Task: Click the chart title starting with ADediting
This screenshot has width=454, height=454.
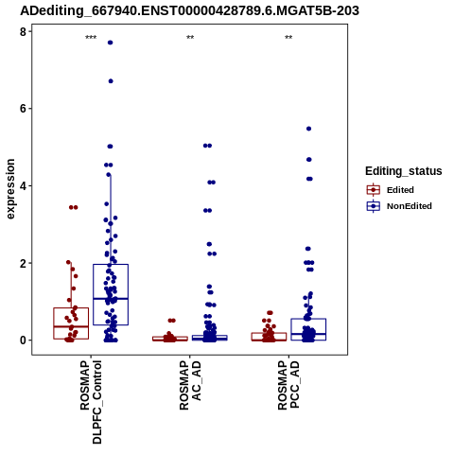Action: click(x=189, y=11)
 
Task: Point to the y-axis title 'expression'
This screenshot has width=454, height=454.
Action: click(x=10, y=189)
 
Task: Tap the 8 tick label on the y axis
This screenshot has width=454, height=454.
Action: click(x=24, y=31)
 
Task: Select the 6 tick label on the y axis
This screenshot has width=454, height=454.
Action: click(x=24, y=109)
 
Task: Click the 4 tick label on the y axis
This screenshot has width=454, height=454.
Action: click(x=24, y=185)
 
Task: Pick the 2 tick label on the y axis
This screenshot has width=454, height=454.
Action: click(x=24, y=263)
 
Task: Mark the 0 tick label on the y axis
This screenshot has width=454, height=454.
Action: click(x=24, y=340)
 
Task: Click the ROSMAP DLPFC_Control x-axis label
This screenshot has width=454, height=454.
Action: click(x=91, y=402)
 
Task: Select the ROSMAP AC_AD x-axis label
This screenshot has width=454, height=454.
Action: click(x=190, y=385)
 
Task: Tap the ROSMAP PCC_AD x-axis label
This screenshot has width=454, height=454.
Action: click(x=288, y=385)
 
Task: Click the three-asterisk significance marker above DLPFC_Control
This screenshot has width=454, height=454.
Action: click(x=91, y=38)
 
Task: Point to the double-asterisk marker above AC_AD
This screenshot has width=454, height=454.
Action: click(x=190, y=38)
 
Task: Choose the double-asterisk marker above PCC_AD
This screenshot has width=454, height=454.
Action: click(x=288, y=38)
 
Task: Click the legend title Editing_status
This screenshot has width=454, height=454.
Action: click(x=404, y=171)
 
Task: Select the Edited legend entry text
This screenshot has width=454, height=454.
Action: click(x=400, y=190)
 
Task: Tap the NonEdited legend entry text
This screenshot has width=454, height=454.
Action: click(x=410, y=206)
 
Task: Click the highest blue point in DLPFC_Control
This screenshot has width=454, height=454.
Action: click(x=111, y=43)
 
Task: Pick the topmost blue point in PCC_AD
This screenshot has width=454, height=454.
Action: click(x=309, y=129)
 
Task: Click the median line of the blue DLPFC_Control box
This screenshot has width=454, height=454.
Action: click(x=111, y=298)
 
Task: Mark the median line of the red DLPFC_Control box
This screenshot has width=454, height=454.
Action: click(x=71, y=326)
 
